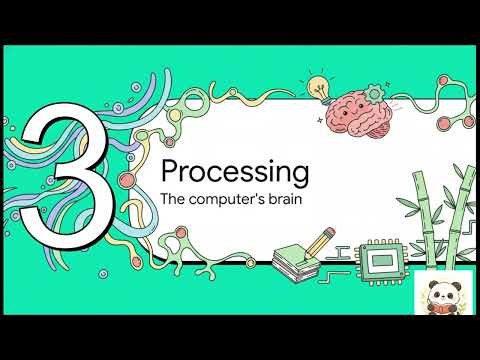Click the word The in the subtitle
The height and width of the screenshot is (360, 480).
point(172,199)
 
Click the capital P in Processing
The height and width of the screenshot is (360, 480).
point(170,168)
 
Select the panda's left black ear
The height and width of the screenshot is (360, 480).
point(431,287)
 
